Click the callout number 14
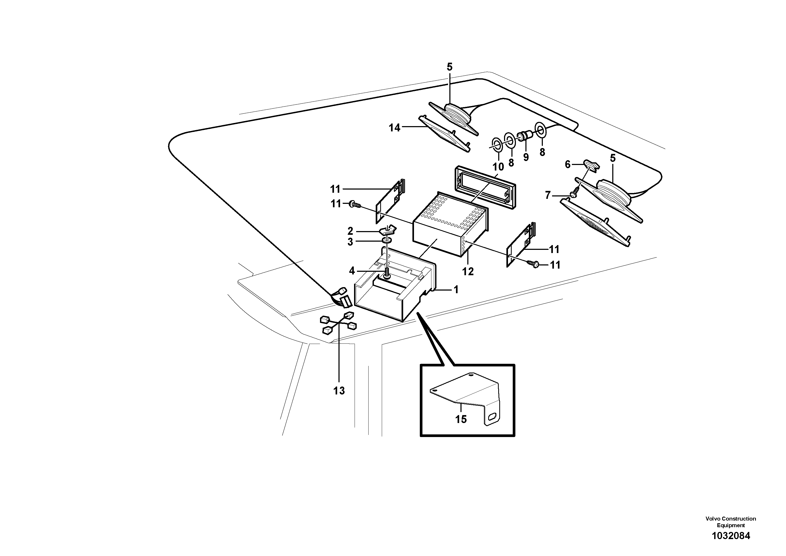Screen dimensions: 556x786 [394, 128]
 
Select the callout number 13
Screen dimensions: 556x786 [339, 390]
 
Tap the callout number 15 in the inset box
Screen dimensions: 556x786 [461, 419]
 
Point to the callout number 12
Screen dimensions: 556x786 [468, 272]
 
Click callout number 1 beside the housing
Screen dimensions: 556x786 [456, 290]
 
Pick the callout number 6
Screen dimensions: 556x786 [568, 165]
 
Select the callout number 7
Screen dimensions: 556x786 [548, 195]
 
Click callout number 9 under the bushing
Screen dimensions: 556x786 [526, 157]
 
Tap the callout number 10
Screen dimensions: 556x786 [498, 167]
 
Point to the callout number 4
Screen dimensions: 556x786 [352, 271]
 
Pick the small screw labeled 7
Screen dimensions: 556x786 [573, 194]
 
